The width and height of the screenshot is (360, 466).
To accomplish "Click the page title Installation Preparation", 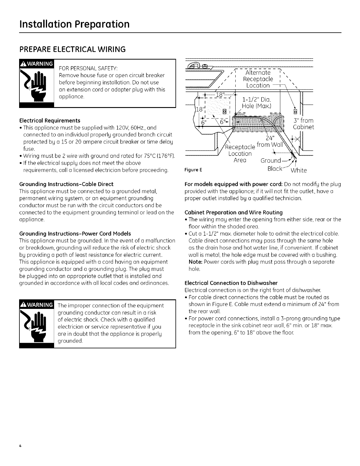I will (x=74, y=24).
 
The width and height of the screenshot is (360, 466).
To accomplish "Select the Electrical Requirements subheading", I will (x=50, y=121).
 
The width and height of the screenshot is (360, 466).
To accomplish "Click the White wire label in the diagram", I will (x=299, y=170).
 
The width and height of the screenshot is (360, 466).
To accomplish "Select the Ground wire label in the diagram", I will (x=271, y=161).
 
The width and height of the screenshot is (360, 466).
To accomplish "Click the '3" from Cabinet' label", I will (x=304, y=124).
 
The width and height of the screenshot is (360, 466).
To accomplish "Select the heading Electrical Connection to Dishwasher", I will (x=231, y=283).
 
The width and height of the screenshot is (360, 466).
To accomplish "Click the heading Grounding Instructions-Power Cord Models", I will (x=75, y=234).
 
